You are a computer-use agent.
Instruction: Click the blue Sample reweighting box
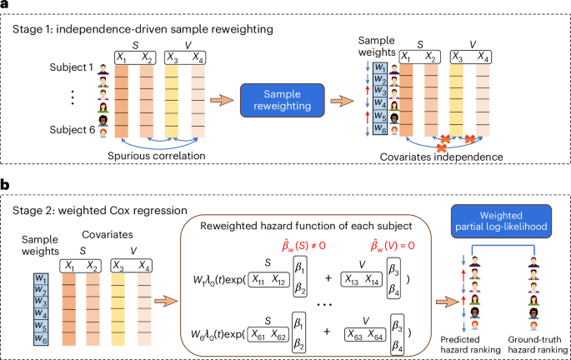tap(282, 99)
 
